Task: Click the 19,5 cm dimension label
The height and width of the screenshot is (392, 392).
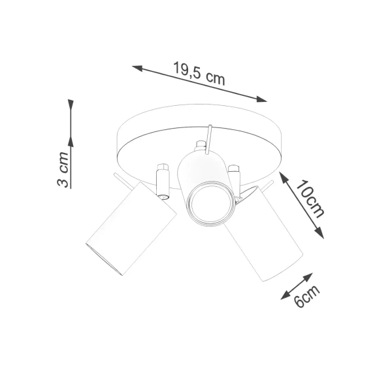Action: click(199, 73)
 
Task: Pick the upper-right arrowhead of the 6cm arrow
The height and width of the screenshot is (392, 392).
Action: click(310, 275)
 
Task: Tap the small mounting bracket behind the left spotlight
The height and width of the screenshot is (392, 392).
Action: click(161, 182)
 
